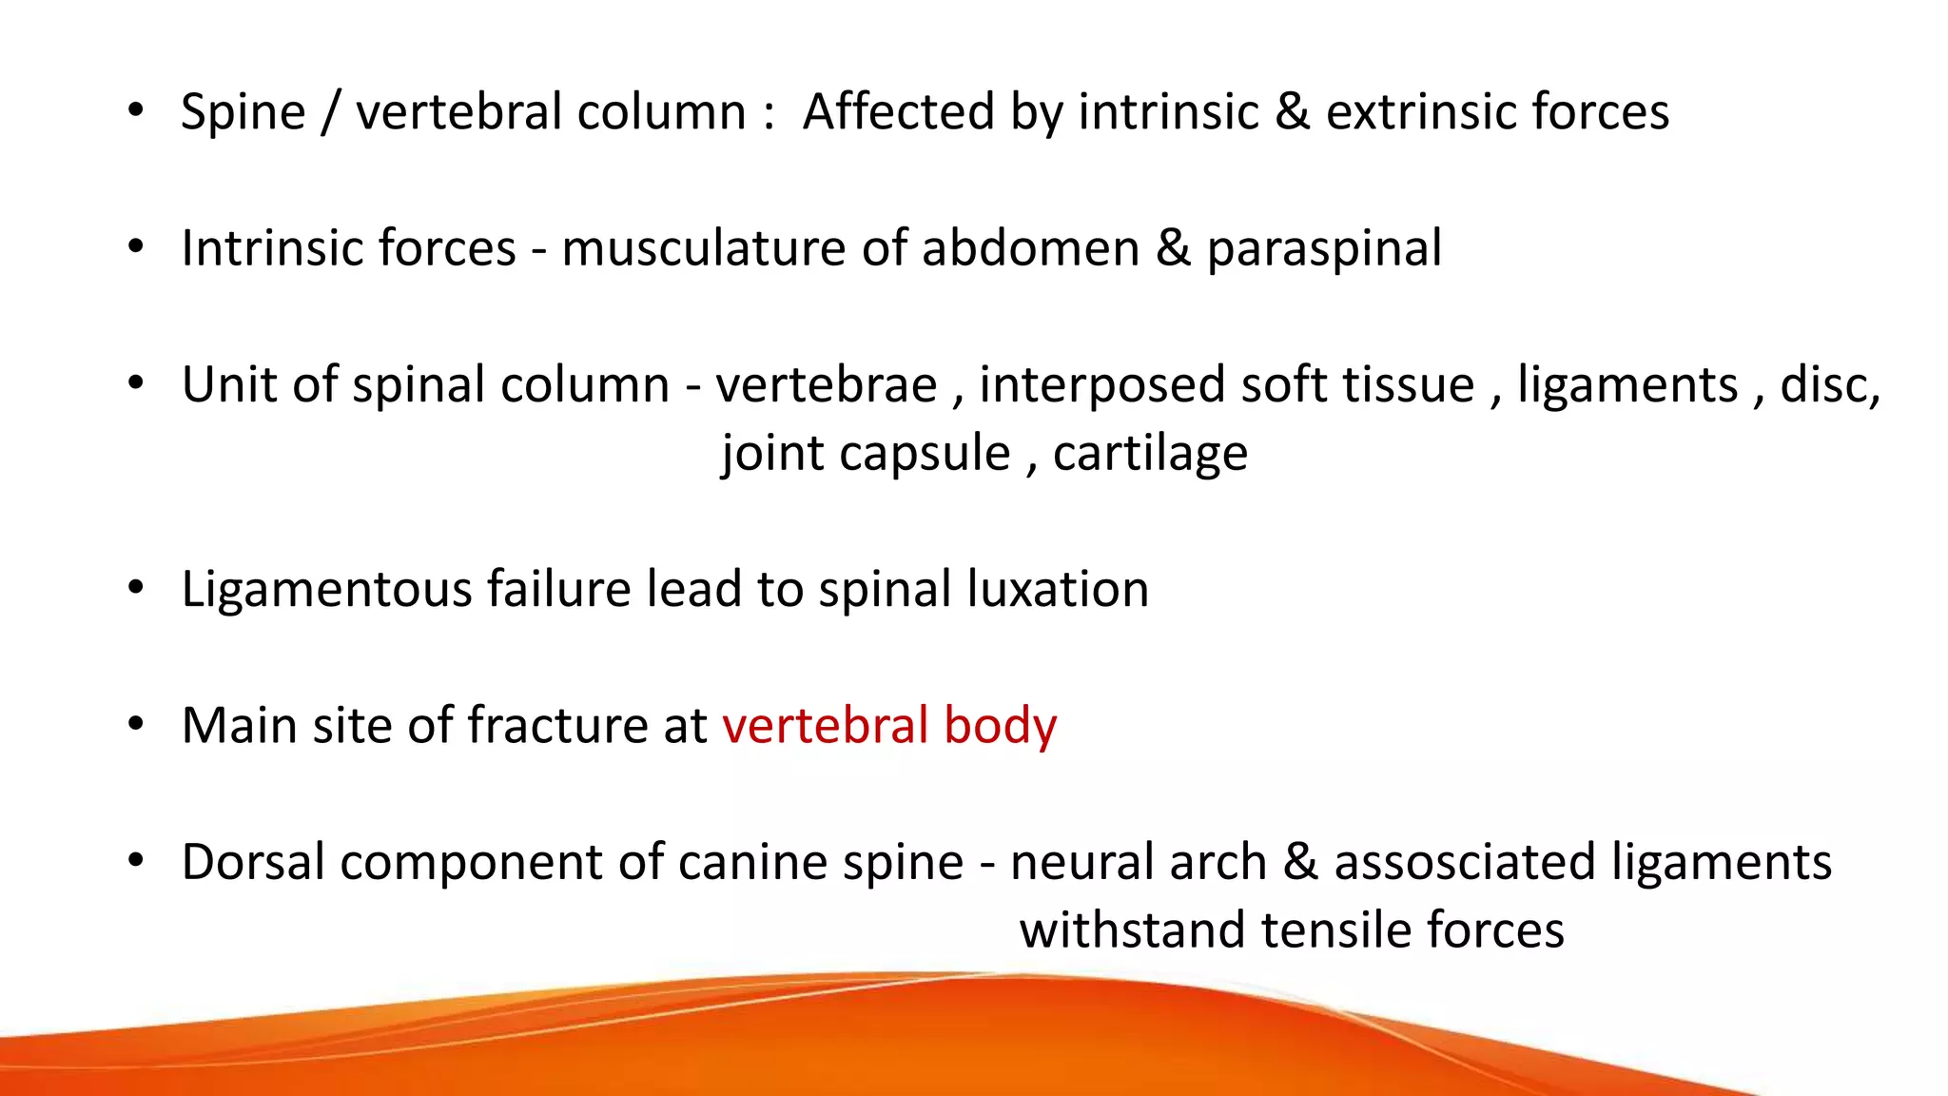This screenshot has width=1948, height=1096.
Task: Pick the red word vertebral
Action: [825, 726]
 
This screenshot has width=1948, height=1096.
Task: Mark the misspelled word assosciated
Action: [1464, 863]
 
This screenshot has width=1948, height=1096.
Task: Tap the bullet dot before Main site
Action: [136, 725]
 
